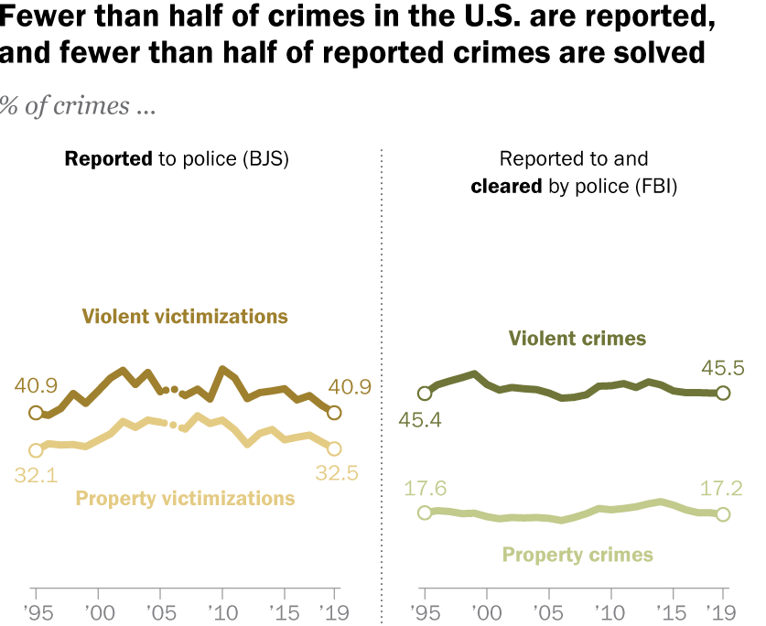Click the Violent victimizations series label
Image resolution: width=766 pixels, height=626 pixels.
(185, 317)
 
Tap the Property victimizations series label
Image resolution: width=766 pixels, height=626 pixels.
(185, 499)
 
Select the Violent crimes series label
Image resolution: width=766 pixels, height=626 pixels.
(577, 339)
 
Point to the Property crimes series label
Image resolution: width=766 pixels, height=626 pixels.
(577, 555)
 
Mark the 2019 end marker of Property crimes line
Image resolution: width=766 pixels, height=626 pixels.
(722, 514)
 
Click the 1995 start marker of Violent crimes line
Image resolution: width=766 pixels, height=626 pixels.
(425, 394)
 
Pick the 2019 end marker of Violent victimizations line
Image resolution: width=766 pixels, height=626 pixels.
(334, 413)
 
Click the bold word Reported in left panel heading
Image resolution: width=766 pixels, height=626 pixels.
(107, 159)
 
